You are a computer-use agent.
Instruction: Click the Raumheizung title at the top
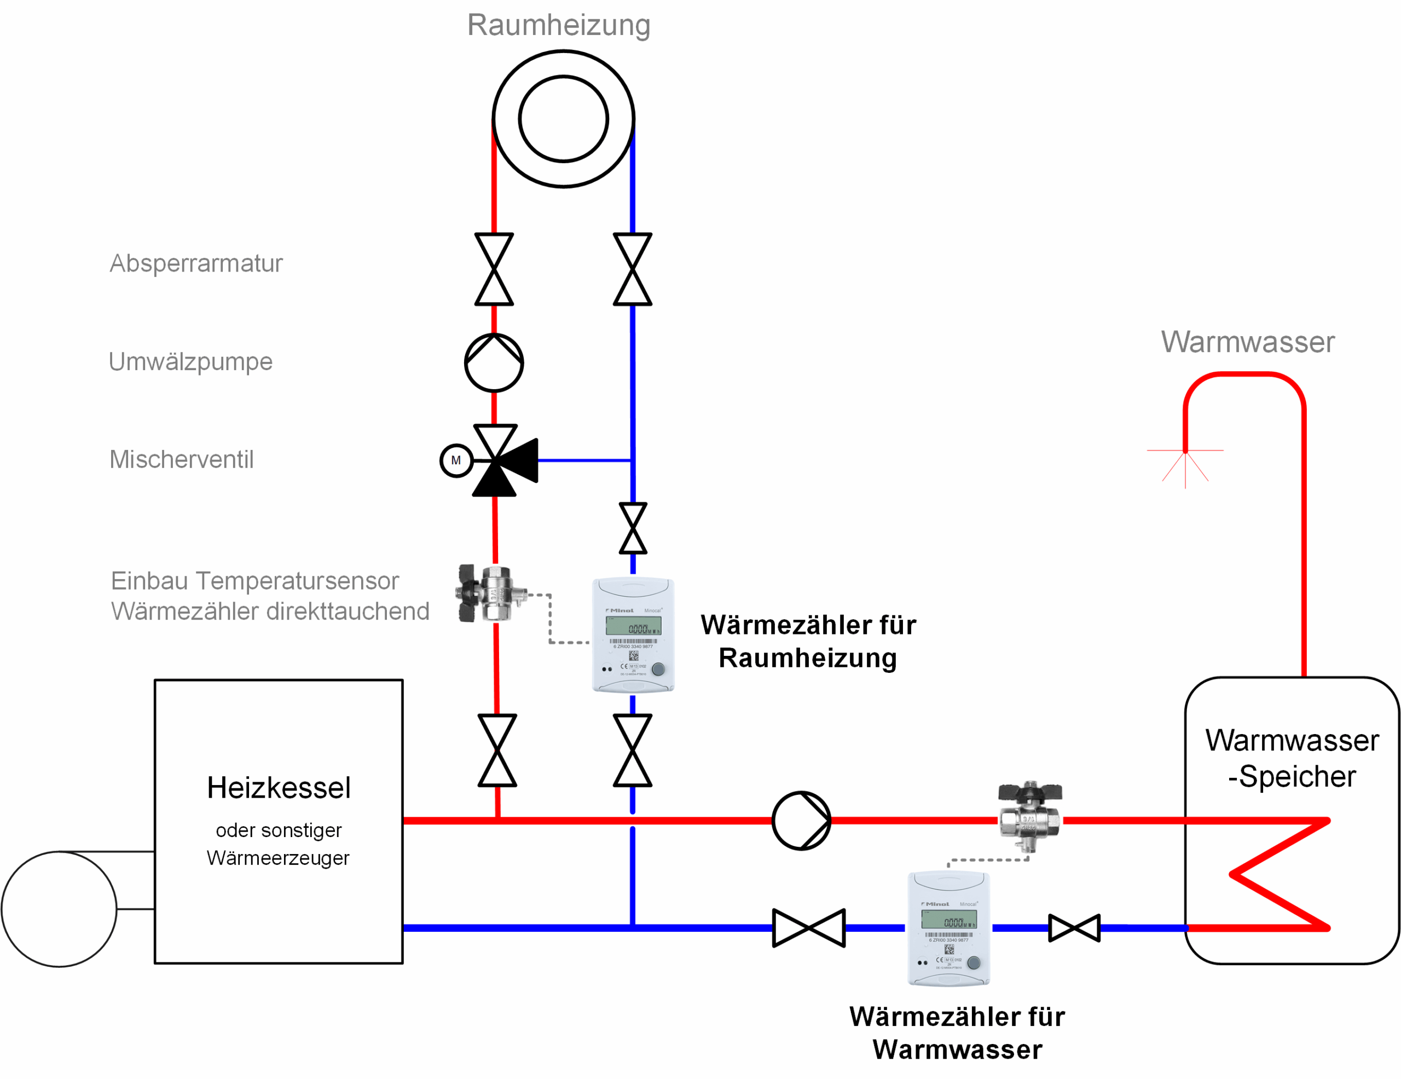tap(558, 26)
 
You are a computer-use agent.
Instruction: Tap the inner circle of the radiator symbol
tap(563, 119)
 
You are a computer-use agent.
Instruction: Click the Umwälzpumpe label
tap(190, 362)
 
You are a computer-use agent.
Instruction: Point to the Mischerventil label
tap(182, 459)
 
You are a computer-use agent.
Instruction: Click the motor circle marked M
tap(456, 460)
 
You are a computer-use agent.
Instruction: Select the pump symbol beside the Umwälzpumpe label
tap(494, 362)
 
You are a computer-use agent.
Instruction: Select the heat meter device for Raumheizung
tap(633, 635)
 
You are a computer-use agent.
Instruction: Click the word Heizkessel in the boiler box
tap(279, 788)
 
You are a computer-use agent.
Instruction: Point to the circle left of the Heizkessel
tap(59, 908)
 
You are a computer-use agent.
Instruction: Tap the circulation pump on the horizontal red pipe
tap(801, 821)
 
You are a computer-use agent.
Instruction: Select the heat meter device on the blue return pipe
tap(949, 928)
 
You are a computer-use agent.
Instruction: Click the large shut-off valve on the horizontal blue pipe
tap(809, 927)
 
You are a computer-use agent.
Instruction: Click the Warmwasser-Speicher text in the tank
tap(1292, 758)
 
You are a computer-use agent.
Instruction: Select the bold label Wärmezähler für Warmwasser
tap(957, 1033)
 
